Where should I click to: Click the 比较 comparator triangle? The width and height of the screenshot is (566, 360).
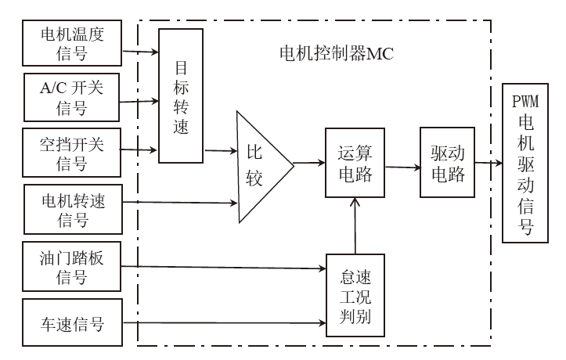coord(259,166)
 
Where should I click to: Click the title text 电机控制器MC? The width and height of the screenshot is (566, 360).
coord(336,54)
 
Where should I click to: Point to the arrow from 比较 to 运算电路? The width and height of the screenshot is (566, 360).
coord(310,164)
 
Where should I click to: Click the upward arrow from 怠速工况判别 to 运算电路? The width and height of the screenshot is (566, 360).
coord(356,227)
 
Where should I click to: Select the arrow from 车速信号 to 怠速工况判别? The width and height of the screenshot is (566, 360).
coord(227,322)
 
